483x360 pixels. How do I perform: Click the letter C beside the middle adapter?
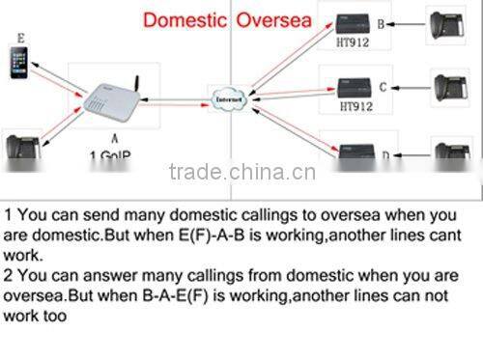click(383, 87)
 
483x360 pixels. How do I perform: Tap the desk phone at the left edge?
click(19, 149)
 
